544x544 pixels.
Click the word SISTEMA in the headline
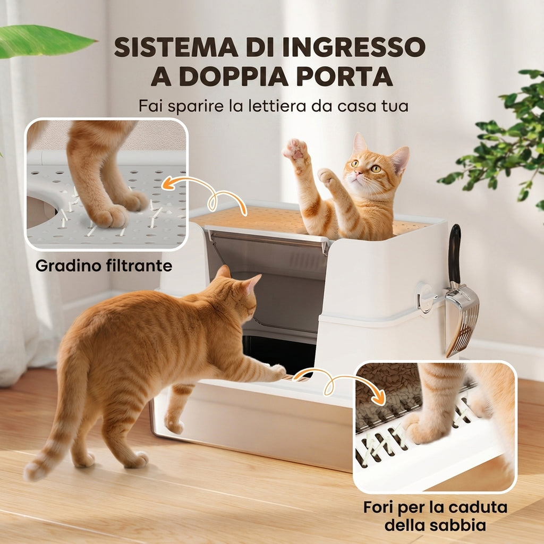(x=176, y=47)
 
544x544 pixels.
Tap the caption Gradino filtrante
(x=104, y=266)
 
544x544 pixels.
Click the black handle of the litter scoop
(x=455, y=253)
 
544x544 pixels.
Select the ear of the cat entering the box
(x=252, y=282)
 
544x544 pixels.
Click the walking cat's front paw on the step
(x=278, y=372)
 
